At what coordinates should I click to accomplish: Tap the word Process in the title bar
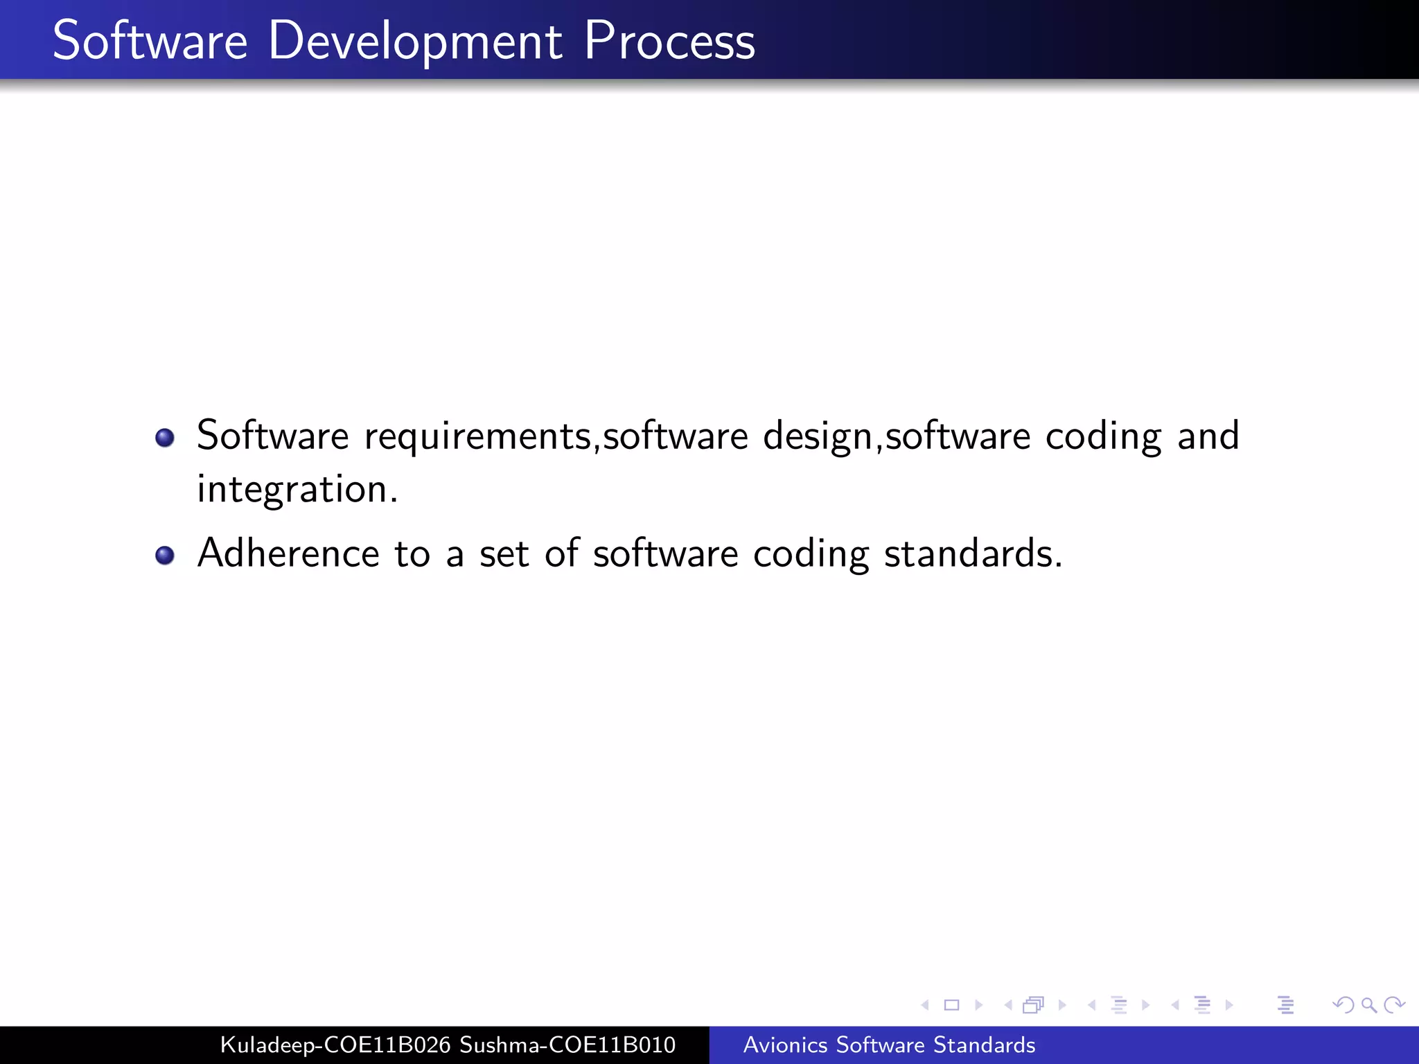pos(669,42)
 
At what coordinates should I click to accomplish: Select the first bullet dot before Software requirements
pos(165,438)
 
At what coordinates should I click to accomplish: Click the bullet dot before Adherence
pos(165,556)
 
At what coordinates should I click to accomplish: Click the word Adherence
pos(288,553)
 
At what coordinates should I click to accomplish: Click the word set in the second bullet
pos(504,554)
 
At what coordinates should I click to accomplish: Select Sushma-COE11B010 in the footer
pos(567,1045)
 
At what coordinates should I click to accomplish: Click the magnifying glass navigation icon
pos(1368,1004)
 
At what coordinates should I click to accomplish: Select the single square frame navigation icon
pos(951,1004)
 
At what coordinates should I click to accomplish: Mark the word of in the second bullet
pos(561,553)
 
